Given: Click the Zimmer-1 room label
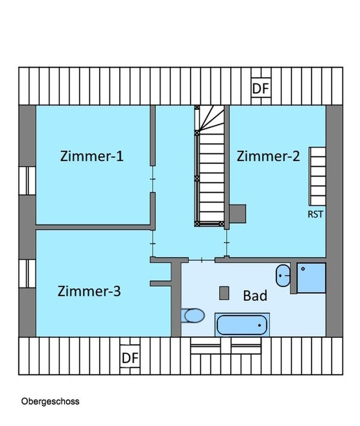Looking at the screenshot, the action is pos(92,156).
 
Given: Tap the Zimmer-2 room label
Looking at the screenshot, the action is pos(268,156).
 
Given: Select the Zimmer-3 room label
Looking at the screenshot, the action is pos(89,291).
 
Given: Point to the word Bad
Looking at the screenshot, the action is pos(255,296).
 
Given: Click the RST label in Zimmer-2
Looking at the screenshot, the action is pos(316,214).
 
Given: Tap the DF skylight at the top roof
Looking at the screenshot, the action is pos(261,87).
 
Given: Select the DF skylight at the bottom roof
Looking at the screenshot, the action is pos(130,358).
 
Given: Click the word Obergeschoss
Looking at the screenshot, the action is pos(50,401).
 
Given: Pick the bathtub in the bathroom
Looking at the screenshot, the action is pos(242,325).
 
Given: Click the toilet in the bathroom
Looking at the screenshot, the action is pos(193,316).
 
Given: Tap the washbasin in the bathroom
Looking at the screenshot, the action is pos(283,276).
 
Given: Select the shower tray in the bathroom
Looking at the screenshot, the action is pos(311,278).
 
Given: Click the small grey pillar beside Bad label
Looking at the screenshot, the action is pos(224,293).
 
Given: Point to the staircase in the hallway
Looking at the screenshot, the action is pos(210,166).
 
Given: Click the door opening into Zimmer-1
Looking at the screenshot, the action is pos(153,179).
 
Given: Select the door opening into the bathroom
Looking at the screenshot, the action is pos(202,260).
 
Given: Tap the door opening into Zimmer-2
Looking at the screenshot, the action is pos(227,243).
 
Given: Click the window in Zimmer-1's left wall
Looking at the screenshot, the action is pos(27,181).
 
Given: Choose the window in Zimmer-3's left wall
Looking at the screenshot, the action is pos(27,274).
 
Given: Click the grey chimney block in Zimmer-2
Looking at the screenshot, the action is pos(238,214).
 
